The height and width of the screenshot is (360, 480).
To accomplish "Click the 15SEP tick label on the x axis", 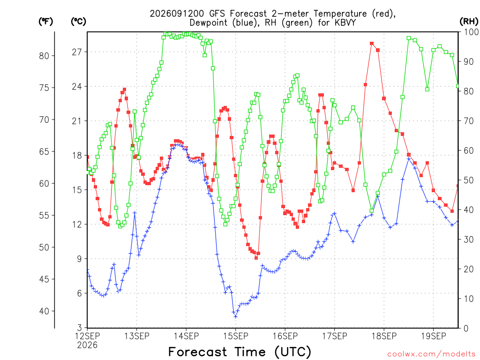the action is [235, 336].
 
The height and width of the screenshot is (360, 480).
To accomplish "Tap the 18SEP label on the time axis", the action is [384, 336].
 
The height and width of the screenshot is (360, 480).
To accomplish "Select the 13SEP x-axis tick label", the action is [136, 336].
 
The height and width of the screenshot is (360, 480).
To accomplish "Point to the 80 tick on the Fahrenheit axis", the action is [44, 56].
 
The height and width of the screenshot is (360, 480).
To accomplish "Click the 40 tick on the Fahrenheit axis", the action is [44, 311].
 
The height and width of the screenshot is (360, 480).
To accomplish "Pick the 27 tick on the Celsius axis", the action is [77, 52].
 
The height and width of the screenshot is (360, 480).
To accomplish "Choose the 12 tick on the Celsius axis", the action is [77, 225].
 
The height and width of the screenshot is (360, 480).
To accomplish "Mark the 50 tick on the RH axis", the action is [469, 180].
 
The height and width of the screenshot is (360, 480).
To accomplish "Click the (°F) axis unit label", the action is [45, 22].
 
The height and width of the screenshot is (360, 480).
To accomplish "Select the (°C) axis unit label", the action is [78, 22].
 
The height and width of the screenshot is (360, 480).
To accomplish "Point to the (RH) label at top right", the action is [469, 22].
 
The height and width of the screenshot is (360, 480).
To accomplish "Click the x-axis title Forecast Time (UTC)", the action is [240, 352].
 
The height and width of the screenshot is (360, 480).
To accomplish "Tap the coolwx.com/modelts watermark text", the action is [431, 354].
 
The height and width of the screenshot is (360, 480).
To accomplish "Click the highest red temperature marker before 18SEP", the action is [372, 44].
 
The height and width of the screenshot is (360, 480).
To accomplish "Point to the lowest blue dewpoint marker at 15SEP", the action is [235, 316].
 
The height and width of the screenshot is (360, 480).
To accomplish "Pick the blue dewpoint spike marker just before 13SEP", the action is [135, 213].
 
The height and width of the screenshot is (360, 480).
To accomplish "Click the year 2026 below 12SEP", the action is [87, 345].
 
